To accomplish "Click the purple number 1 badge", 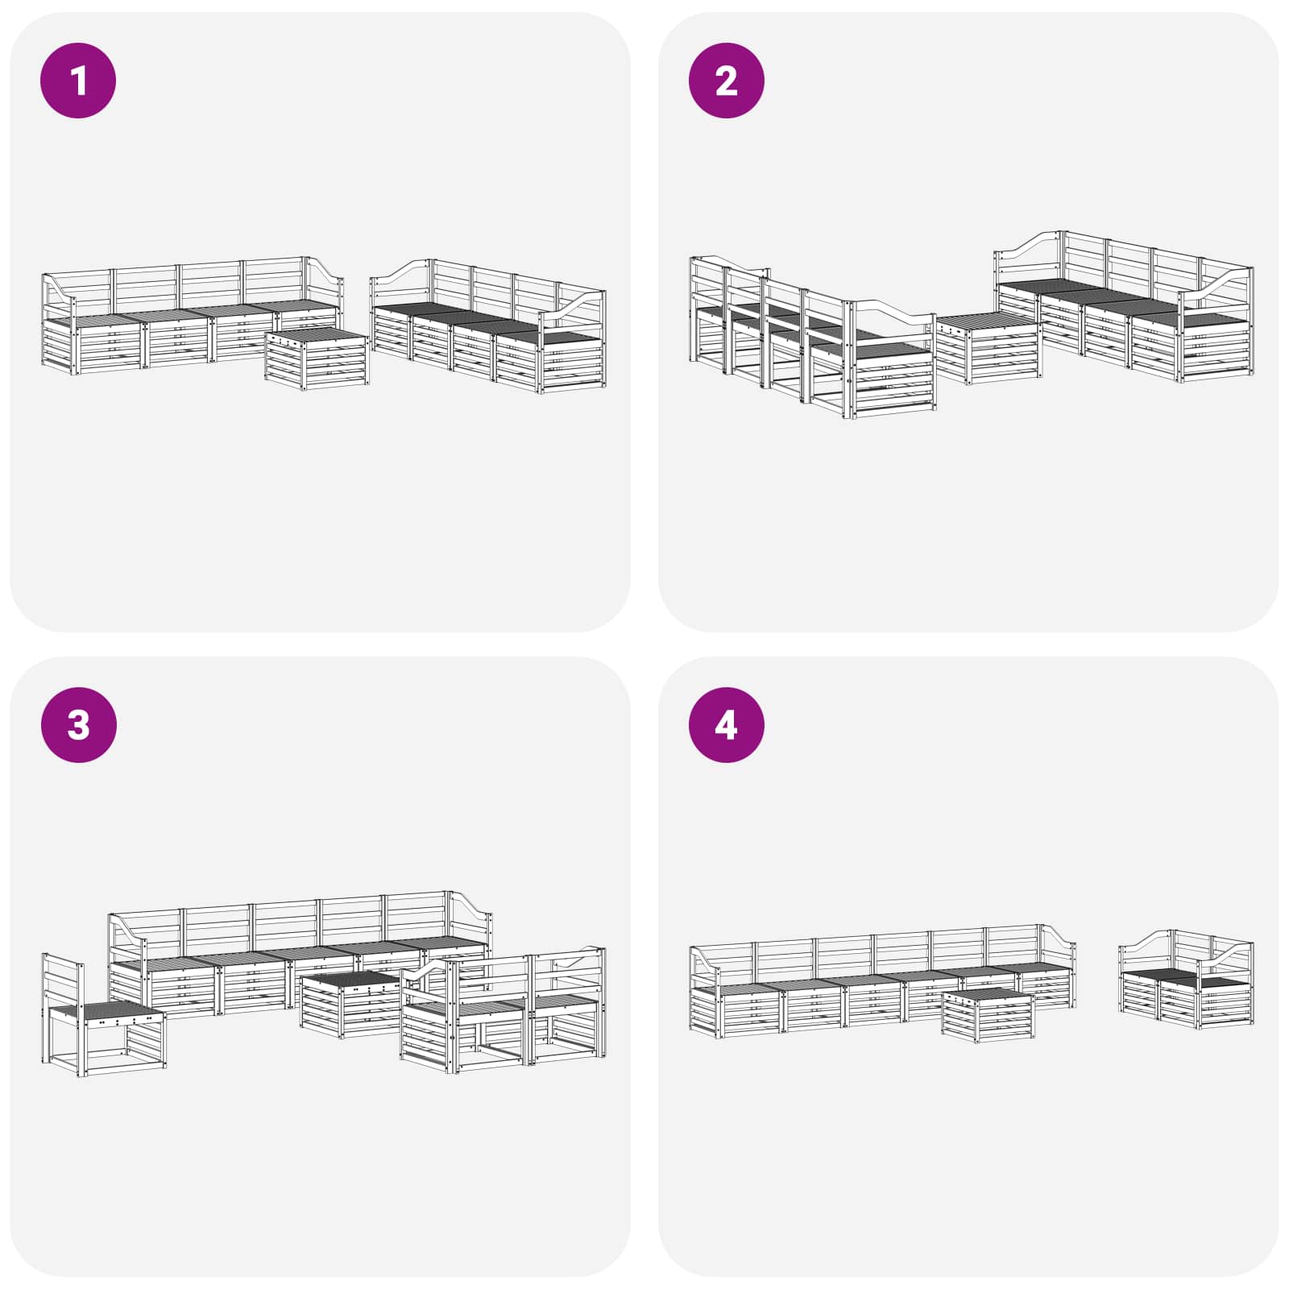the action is point(78,81).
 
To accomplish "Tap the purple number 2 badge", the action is point(726,81).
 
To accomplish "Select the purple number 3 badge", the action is point(78,725).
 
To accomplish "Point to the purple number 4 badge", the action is point(726,725).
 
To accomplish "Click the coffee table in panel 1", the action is point(317,359).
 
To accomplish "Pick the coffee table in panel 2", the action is point(989,348).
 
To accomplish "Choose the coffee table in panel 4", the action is point(989,1015).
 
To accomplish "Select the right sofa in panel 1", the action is point(488,326).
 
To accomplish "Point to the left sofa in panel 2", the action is point(812,338).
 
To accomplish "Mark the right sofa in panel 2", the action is point(1124,306).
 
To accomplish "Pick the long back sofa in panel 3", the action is point(300,955).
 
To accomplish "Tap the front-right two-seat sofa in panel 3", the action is point(504,1011).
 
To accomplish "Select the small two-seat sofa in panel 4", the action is point(1187,980).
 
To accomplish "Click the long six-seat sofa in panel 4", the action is point(882,979).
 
